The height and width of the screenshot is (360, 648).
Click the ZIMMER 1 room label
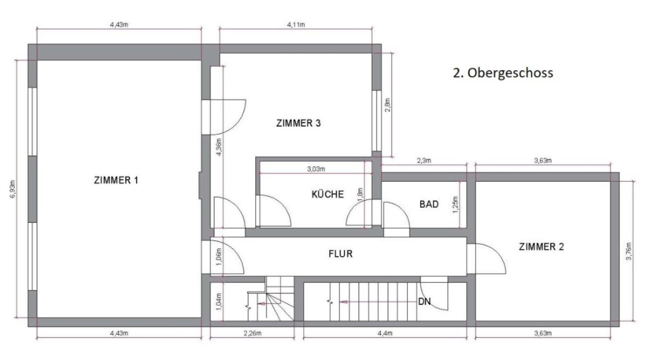(x=116, y=180)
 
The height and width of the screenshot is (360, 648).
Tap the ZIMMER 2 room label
(x=541, y=247)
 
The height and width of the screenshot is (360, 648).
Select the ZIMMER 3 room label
(x=298, y=123)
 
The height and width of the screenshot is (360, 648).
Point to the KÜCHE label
(x=327, y=194)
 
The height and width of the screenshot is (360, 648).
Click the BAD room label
(x=429, y=204)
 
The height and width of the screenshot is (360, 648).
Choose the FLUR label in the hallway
(x=340, y=254)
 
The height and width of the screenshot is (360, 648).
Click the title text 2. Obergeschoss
(x=503, y=72)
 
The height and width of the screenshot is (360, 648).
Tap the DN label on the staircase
(x=424, y=301)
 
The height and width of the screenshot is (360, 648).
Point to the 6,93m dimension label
(x=13, y=189)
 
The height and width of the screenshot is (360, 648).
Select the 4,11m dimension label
(x=296, y=25)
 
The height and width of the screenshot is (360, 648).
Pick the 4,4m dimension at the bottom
(x=384, y=334)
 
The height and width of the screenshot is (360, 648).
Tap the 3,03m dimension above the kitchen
(x=316, y=169)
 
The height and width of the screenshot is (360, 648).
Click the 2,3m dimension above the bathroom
(x=423, y=160)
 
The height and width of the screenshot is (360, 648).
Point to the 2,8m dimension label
(x=388, y=105)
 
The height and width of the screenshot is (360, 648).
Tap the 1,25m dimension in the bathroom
(x=455, y=204)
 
